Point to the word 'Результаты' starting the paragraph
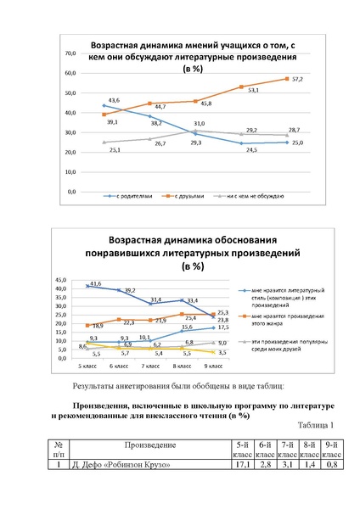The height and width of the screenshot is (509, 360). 90,385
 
